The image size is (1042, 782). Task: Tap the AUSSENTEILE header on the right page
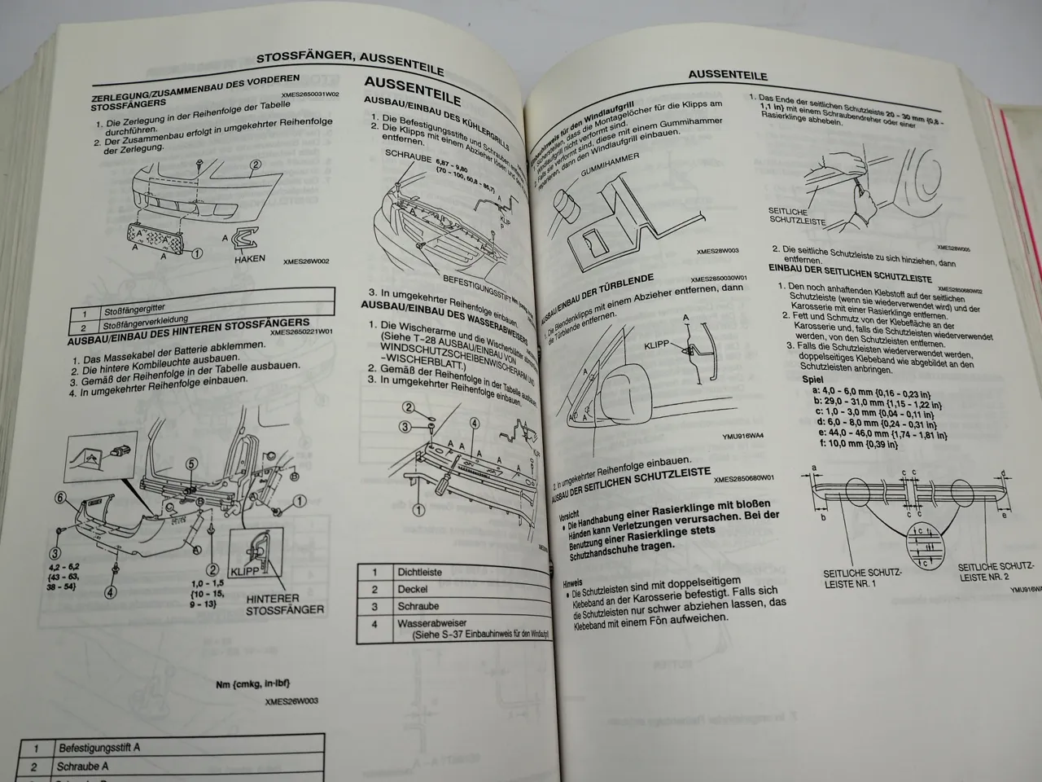727,75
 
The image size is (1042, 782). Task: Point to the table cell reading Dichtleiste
419,572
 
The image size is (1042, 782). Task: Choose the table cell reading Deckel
413,589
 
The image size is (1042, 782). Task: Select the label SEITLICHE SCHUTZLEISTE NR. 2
995,571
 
